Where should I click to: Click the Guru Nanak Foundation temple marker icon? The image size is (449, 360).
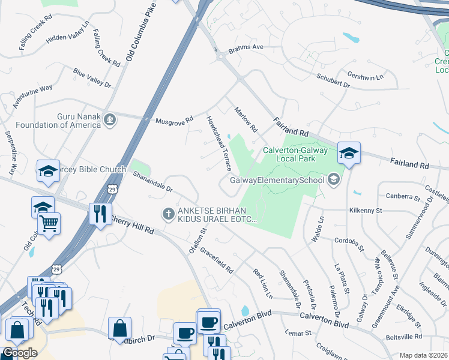(x=109, y=119)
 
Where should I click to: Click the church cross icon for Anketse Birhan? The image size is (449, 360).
(x=169, y=213)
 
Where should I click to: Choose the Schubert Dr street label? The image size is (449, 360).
(x=333, y=79)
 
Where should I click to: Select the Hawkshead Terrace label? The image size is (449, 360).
(x=219, y=143)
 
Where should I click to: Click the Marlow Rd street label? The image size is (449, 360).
(x=246, y=119)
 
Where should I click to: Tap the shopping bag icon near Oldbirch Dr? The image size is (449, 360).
(x=120, y=328)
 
